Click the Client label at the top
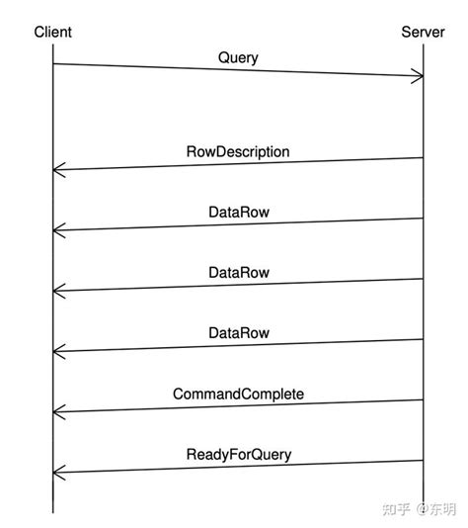point(52,33)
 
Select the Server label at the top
point(423,33)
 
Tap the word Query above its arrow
point(238,57)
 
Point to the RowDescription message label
point(238,152)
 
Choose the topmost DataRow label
point(239,213)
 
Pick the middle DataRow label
point(239,273)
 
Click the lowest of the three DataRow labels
point(239,333)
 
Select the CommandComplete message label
point(238,394)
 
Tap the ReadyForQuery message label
point(238,455)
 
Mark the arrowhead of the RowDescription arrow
point(57,170)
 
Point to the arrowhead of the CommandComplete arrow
point(57,411)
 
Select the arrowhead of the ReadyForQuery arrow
point(57,472)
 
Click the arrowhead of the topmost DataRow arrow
point(57,230)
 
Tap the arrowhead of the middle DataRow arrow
point(57,291)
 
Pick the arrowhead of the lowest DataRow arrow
point(57,351)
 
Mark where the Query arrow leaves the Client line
point(53,64)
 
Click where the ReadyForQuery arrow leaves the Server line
point(423,460)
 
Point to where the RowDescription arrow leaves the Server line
point(423,158)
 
